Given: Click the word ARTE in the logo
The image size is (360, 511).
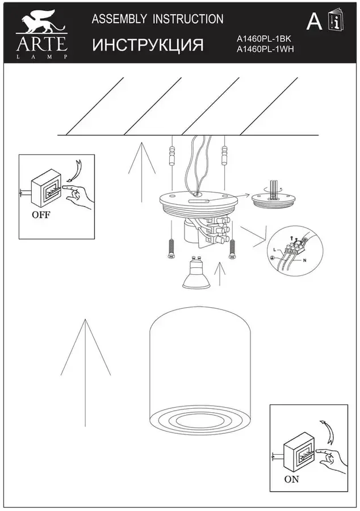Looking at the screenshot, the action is click(42, 44).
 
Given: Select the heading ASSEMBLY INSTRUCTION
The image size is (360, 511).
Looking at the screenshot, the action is click(158, 19).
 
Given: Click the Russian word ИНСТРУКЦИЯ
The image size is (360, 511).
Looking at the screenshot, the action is click(148, 45).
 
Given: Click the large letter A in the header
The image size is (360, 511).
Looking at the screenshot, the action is click(314, 22).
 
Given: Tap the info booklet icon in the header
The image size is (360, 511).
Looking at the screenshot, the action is click(337, 20).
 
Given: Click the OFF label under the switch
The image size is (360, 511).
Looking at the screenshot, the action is click(41, 215).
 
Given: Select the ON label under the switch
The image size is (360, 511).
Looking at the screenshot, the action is click(291, 479).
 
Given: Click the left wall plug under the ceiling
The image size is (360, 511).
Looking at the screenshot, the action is click(171, 157).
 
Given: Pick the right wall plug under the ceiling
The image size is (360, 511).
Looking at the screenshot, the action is click(224, 156).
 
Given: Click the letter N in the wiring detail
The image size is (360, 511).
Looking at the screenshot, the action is click(305, 261).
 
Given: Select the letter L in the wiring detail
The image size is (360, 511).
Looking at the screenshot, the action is click(275, 250).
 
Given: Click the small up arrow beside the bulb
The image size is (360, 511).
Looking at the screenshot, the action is click(220, 274).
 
